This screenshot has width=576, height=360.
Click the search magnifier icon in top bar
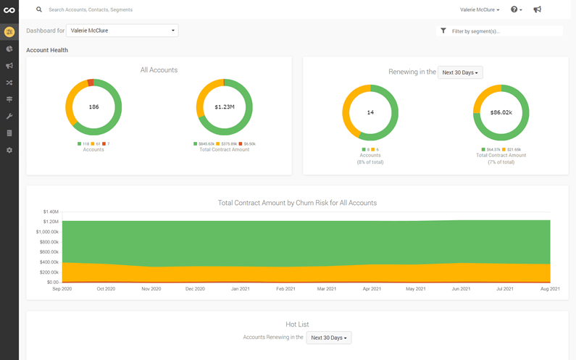click(x=39, y=10)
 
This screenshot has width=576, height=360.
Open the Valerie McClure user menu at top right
click(x=479, y=10)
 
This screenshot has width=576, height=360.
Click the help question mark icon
click(x=514, y=10)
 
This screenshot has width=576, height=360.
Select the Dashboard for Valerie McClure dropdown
click(x=122, y=30)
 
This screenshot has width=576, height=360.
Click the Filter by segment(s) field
click(x=504, y=31)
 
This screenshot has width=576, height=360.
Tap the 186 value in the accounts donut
click(x=93, y=107)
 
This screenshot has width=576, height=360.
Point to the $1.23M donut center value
click(x=224, y=107)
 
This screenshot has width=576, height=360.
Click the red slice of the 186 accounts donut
click(x=91, y=83)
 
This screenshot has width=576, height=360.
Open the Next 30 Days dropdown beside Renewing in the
click(x=460, y=72)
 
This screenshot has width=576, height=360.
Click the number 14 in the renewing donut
click(x=370, y=112)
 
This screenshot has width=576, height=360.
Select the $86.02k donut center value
click(x=501, y=112)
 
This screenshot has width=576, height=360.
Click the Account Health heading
click(x=47, y=50)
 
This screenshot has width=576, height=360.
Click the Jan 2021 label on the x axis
click(x=240, y=289)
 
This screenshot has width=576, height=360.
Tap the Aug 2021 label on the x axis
click(x=550, y=289)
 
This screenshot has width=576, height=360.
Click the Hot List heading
click(x=297, y=325)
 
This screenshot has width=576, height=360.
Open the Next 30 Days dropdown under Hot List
click(x=328, y=338)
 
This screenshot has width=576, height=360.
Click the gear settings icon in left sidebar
click(x=9, y=150)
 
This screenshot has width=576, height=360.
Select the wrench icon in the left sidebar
click(x=9, y=117)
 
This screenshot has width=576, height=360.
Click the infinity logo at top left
click(x=9, y=10)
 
